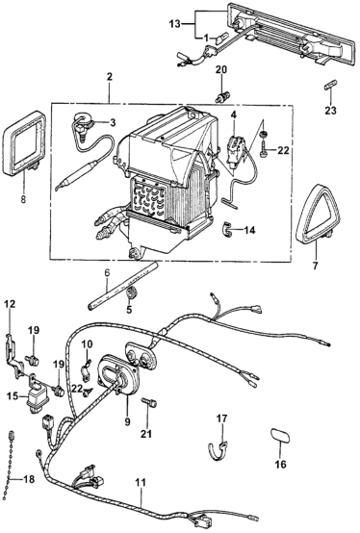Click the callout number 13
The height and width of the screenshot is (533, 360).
176,23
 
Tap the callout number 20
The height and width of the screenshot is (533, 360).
221,70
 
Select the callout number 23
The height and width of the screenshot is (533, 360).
330,110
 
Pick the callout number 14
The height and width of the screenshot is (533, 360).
249,231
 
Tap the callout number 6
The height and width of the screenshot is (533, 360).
107,273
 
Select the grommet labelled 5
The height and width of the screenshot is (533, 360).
131,292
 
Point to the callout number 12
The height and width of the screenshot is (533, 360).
10,304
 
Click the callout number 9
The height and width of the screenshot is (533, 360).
127,421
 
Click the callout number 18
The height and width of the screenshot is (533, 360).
29,479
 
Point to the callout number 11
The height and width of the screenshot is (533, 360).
141,482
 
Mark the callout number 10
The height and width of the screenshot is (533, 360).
87,344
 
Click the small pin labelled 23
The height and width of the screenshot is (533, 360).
330,86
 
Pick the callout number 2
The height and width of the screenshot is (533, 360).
109,77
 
